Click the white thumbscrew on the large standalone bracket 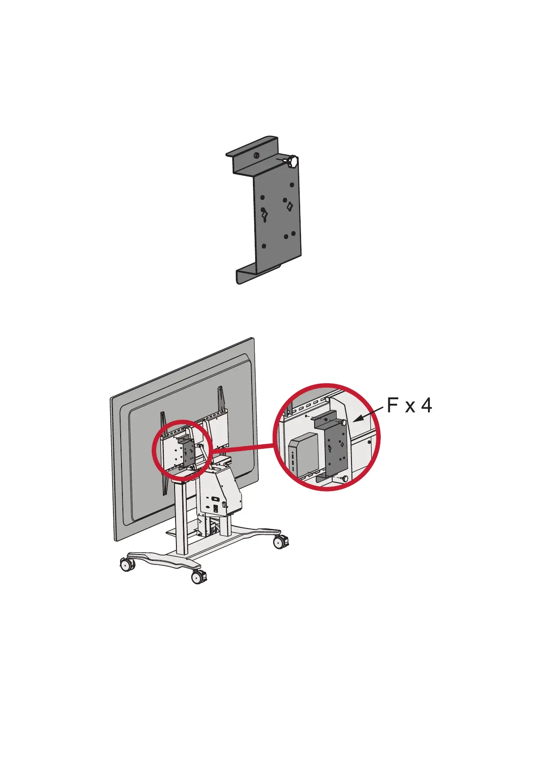coord(293,161)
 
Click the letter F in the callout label coord(393,406)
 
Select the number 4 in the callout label coord(426,406)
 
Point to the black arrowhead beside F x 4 coord(358,420)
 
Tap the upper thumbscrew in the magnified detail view coord(344,422)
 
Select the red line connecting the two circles coord(243,447)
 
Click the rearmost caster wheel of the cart coord(280,542)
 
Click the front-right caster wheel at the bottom coord(198,577)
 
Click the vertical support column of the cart coord(181,518)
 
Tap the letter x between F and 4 coord(410,407)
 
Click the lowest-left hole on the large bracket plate coord(264,246)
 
